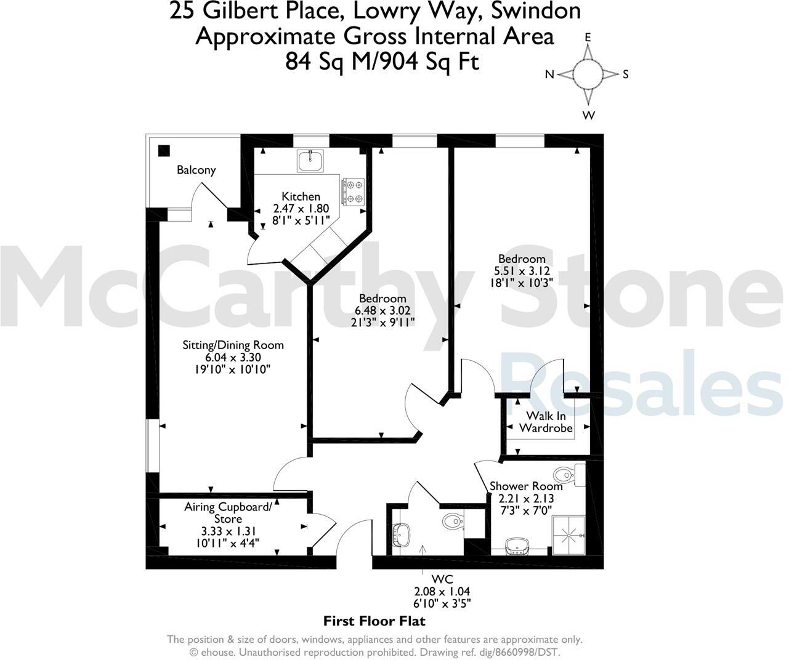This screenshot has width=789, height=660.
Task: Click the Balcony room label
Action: [196, 170]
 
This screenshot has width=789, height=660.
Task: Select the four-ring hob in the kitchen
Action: [354, 191]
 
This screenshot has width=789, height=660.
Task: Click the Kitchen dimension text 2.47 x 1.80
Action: [301, 208]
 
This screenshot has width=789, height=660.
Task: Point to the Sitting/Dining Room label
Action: [233, 345]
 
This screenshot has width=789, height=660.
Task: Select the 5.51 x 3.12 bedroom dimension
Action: [522, 271]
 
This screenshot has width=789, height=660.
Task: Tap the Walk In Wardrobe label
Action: [546, 422]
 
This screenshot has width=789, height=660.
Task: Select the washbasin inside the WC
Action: [402, 534]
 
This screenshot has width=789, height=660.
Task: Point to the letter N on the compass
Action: [550, 74]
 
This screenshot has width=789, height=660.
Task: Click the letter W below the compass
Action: [589, 115]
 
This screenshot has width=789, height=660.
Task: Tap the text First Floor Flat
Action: [374, 621]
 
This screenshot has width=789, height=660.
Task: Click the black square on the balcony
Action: [164, 150]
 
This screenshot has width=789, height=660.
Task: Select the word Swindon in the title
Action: [541, 11]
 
